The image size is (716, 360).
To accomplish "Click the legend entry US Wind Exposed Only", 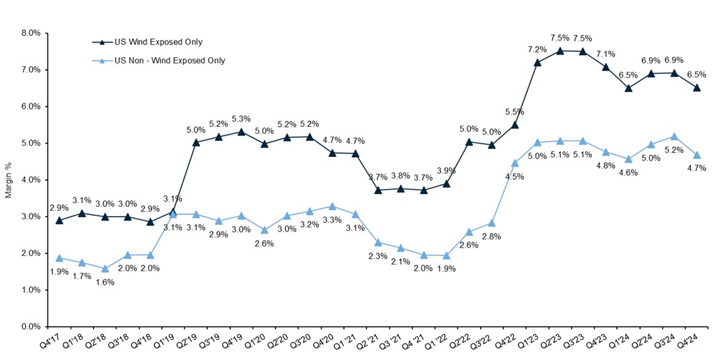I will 154,43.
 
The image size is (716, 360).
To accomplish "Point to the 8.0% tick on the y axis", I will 29,33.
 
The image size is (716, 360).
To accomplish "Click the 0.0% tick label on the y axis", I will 29,327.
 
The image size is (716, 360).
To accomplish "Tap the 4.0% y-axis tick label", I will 29,180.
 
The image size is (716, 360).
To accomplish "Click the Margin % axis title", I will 8,180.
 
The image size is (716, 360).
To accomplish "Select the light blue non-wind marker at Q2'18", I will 105,269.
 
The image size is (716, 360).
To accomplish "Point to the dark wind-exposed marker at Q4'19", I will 241,132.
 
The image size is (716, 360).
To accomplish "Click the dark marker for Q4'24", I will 696,88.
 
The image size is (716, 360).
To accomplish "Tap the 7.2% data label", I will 537,50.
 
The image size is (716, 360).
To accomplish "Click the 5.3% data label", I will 241,118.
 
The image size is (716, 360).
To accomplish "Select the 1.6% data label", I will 105,282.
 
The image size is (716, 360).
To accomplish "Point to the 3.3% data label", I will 331,220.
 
